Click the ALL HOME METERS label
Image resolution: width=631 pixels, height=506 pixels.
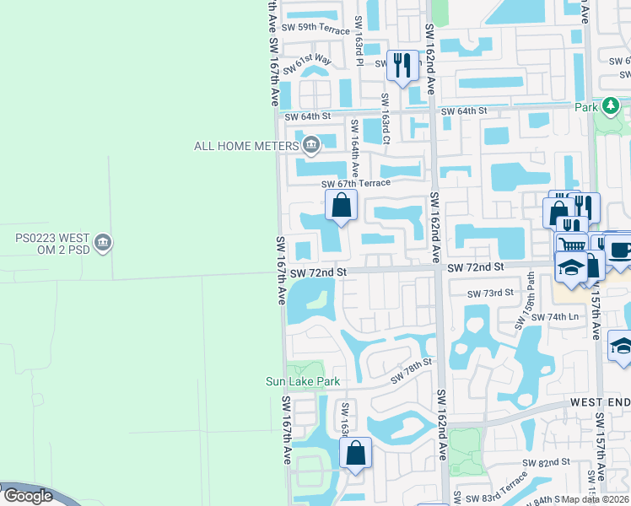click(x=247, y=146)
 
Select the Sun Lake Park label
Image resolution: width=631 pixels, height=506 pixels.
click(x=303, y=381)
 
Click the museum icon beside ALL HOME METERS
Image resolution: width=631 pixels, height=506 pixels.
click(x=310, y=145)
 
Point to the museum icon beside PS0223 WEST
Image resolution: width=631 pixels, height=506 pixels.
click(x=103, y=243)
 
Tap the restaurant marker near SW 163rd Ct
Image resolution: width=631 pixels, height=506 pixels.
click(x=402, y=65)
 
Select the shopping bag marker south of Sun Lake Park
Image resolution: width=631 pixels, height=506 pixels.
click(x=356, y=453)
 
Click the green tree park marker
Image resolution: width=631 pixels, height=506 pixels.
click(x=609, y=107)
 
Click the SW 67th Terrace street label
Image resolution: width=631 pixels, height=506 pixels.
click(x=356, y=183)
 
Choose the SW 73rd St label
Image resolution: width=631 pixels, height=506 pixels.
click(x=491, y=293)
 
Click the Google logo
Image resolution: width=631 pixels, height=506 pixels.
click(x=28, y=496)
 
